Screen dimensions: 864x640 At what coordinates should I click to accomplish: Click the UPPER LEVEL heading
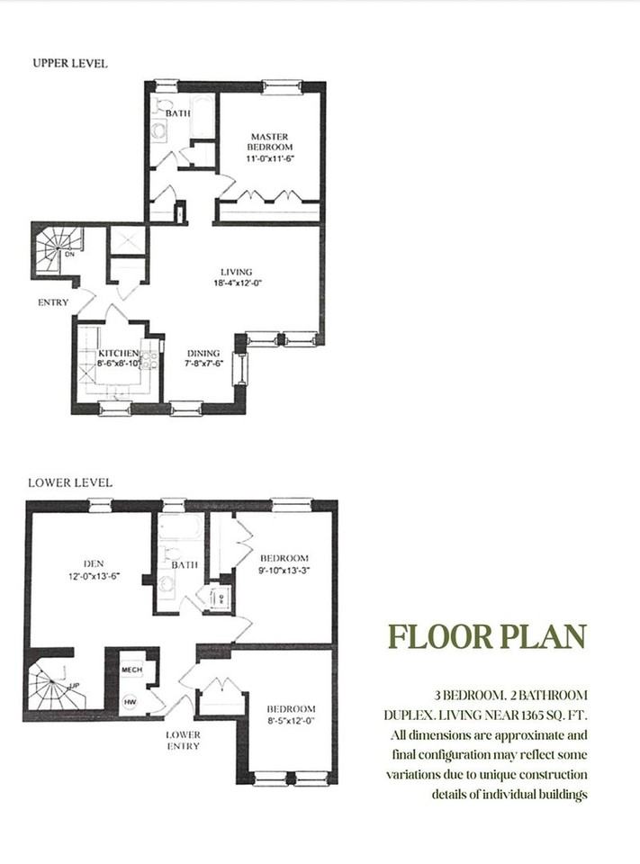coord(69,63)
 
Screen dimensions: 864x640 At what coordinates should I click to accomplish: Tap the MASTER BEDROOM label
coord(269,141)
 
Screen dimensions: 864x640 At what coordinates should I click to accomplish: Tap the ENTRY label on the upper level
coord(53,302)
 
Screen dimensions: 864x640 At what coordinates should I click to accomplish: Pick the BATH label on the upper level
coord(177,113)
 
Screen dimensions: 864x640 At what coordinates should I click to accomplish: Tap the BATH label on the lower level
coord(185,565)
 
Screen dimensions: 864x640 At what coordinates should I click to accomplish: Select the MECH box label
coord(131,670)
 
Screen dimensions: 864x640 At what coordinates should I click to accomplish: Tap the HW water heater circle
coord(130,701)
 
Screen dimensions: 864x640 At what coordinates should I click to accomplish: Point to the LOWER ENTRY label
coord(183,740)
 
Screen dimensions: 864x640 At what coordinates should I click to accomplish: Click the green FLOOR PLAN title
coord(486,635)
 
